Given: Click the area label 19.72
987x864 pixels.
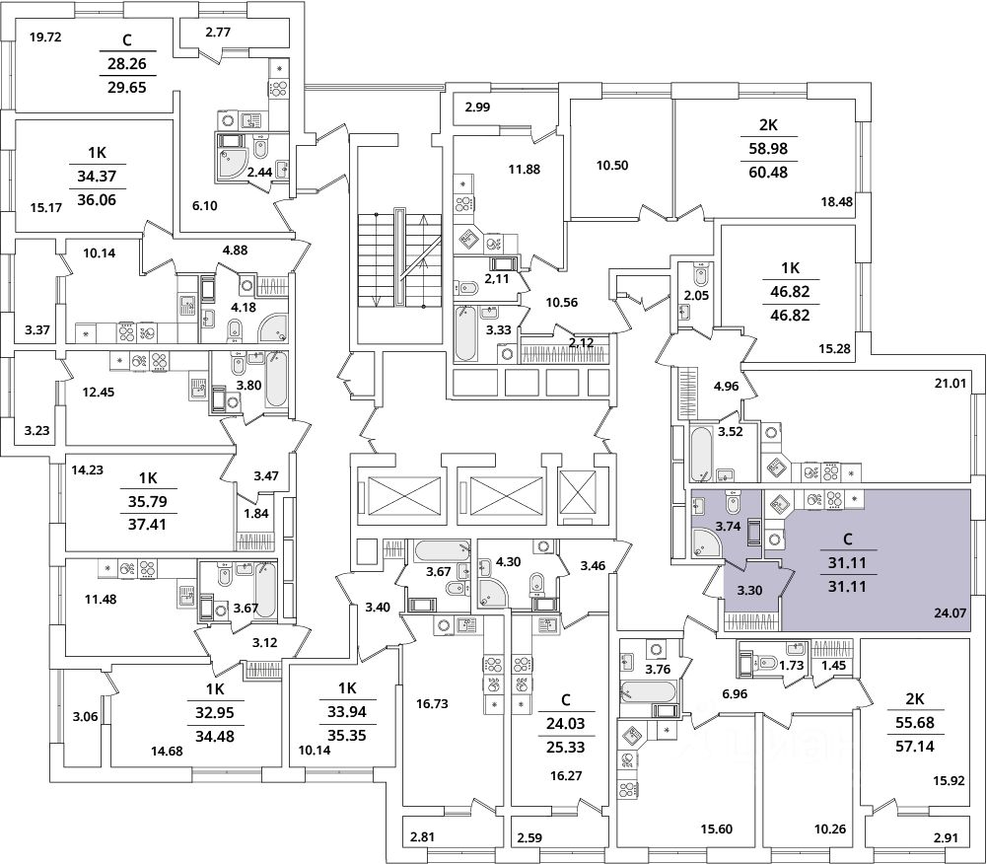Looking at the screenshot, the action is (45, 37).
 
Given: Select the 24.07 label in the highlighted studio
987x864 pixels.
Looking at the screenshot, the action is (951, 612).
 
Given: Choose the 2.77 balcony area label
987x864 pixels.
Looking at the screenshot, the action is (218, 33).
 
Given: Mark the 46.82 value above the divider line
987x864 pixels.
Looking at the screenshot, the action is (790, 291).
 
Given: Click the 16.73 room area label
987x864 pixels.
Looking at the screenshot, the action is (433, 703).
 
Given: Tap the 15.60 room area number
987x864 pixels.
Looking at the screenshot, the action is (717, 829).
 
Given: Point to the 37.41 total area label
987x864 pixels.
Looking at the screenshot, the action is (147, 524).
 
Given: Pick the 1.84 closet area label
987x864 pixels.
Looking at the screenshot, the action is (256, 513).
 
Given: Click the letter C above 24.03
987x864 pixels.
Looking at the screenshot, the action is (565, 700).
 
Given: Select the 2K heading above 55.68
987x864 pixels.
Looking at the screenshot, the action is (915, 698).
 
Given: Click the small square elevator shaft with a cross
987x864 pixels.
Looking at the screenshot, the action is (577, 491).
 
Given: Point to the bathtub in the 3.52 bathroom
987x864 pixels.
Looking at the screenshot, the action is (701, 454).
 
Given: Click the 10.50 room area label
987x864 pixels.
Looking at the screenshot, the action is (612, 166).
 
